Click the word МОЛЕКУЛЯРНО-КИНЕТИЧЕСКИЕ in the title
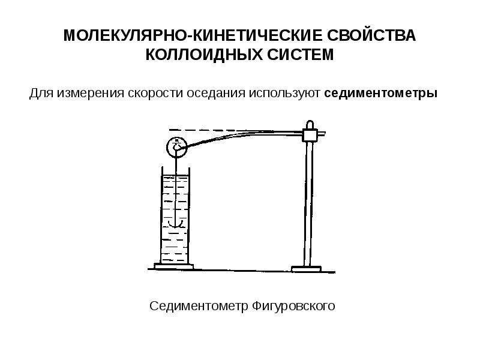click(193, 35)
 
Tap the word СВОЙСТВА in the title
click(371, 35)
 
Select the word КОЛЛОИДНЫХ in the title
click(204, 55)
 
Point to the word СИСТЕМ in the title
click(301, 55)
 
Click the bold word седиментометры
click(380, 93)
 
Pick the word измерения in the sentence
click(91, 93)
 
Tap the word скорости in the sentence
click(155, 93)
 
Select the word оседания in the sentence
click(216, 93)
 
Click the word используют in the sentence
click(284, 93)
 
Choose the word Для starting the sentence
click(41, 93)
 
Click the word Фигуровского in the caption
click(293, 306)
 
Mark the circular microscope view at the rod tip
click(176, 147)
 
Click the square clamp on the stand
click(310, 135)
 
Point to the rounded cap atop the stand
click(310, 125)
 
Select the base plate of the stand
click(306, 269)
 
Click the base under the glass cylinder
click(174, 266)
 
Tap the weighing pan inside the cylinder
click(175, 224)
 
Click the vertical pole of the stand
click(309, 203)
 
